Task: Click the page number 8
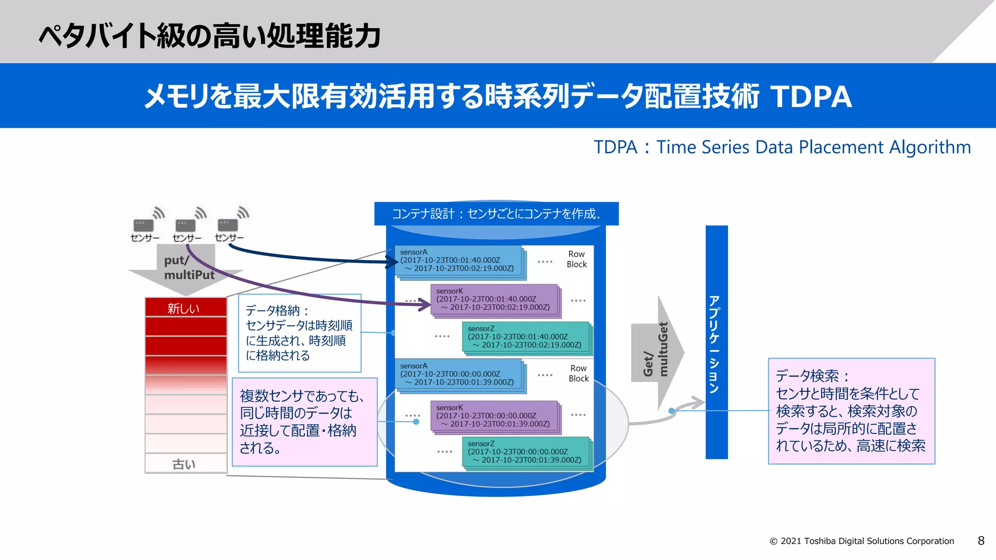pos(981,541)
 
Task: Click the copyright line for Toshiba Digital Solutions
pos(862,541)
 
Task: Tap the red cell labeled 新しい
pos(186,308)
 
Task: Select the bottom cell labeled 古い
pos(186,464)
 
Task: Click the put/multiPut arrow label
pos(188,268)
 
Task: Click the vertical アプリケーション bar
pos(716,342)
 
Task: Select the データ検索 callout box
pos(851,411)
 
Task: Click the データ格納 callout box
pos(300,333)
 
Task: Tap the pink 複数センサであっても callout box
pos(304,422)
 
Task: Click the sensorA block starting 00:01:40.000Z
pos(458,261)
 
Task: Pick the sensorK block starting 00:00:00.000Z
pos(494,416)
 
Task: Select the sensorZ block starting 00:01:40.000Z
pos(525,337)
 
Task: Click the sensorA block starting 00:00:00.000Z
pos(458,374)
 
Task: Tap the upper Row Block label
pos(576,259)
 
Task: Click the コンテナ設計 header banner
pos(496,214)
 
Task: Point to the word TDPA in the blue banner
pos(811,96)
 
